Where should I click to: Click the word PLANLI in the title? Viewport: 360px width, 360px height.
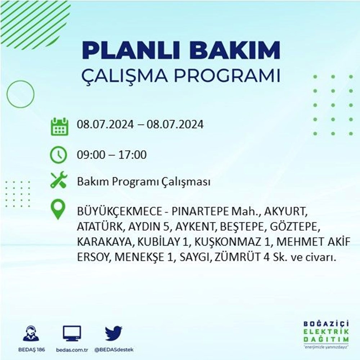point(131,51)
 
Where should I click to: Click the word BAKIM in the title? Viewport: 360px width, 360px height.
point(234,51)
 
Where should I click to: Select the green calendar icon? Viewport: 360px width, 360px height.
point(60,126)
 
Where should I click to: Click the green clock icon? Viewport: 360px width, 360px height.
point(59,155)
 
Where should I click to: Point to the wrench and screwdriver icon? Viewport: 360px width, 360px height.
point(59,180)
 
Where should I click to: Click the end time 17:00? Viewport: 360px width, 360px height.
point(132,154)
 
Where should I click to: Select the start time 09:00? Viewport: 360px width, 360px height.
point(91,154)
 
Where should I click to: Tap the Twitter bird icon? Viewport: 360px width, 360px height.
point(113,333)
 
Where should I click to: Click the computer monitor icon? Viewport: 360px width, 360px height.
point(72,333)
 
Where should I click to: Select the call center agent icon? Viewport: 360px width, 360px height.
point(31,333)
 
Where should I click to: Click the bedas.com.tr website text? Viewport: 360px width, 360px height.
point(72,350)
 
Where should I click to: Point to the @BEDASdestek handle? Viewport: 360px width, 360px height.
point(114,350)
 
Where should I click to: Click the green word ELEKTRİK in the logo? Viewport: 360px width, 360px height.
point(326,332)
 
